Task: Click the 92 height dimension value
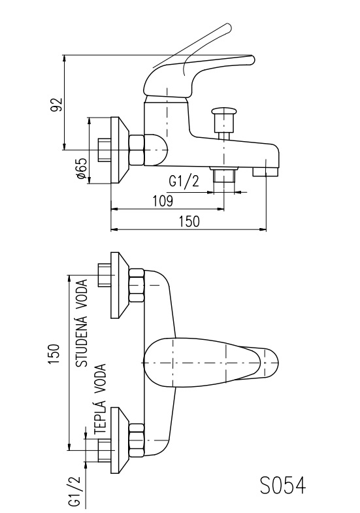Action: pos(56,105)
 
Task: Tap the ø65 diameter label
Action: pos(82,169)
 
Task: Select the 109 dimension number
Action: pos(163,201)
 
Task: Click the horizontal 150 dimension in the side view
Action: pos(189,222)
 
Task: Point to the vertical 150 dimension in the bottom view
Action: pos(54,354)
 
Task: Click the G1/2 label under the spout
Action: pos(184,181)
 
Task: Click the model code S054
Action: pos(283,485)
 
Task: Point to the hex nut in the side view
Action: pos(137,150)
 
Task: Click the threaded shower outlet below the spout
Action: pos(224,174)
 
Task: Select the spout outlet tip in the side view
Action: pos(265,171)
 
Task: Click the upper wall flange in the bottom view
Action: pos(120,285)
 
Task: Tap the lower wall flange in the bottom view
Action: pos(120,440)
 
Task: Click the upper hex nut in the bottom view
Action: pos(137,285)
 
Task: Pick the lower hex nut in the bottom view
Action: pos(137,440)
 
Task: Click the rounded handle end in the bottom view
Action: pos(270,363)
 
